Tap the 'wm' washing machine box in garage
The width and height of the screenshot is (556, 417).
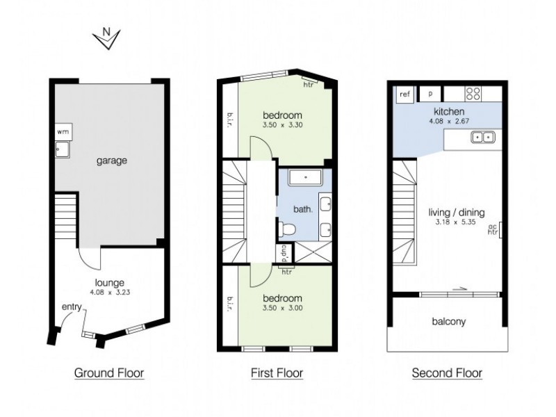pyautogui.click(x=63, y=131)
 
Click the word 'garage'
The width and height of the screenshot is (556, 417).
pyautogui.click(x=111, y=161)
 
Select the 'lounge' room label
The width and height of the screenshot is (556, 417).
pyautogui.click(x=109, y=283)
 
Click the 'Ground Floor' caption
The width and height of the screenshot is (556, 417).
pyautogui.click(x=109, y=373)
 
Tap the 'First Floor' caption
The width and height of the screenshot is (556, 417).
pyautogui.click(x=277, y=373)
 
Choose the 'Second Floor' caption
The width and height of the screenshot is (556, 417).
pyautogui.click(x=447, y=373)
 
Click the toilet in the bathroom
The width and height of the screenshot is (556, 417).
pyautogui.click(x=286, y=228)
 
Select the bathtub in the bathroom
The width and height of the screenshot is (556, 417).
pyautogui.click(x=304, y=178)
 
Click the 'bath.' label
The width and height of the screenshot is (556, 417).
pyautogui.click(x=306, y=208)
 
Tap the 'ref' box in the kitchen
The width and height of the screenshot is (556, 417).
pyautogui.click(x=404, y=92)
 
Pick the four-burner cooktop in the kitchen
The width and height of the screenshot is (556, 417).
pyautogui.click(x=475, y=92)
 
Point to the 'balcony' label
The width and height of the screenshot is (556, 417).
pyautogui.click(x=448, y=322)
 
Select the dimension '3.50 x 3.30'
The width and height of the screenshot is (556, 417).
pyautogui.click(x=282, y=125)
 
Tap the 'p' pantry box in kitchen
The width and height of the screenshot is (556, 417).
pyautogui.click(x=430, y=92)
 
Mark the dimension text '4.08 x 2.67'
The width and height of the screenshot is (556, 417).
pyautogui.click(x=449, y=121)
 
